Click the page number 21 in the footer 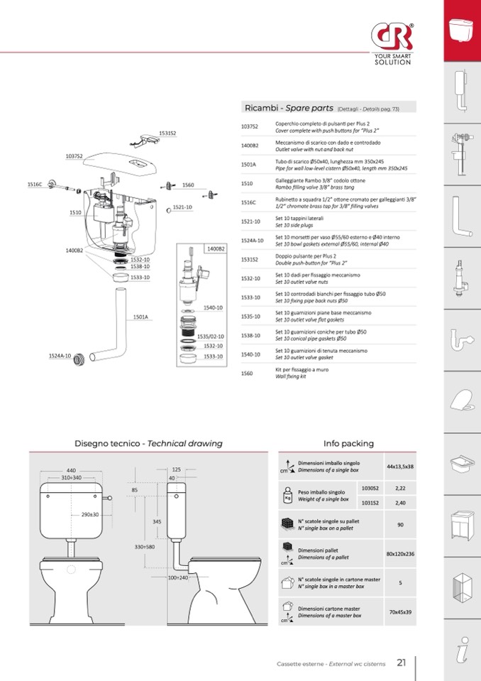pos(402,663)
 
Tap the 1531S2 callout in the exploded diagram pos(167,133)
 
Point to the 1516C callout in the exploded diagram pos(35,184)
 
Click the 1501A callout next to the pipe pos(140,317)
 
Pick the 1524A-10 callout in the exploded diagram pos(60,355)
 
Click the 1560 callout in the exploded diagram pos(188,185)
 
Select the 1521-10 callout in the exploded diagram pos(183,207)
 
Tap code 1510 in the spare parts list pos(247,183)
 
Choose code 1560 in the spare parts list pos(247,373)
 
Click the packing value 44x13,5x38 pos(400,467)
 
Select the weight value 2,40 pos(400,503)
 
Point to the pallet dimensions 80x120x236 pos(400,553)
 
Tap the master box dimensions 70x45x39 pos(400,611)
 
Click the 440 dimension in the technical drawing pos(71,470)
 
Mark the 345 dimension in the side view pos(157,521)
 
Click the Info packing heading pos(348,443)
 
